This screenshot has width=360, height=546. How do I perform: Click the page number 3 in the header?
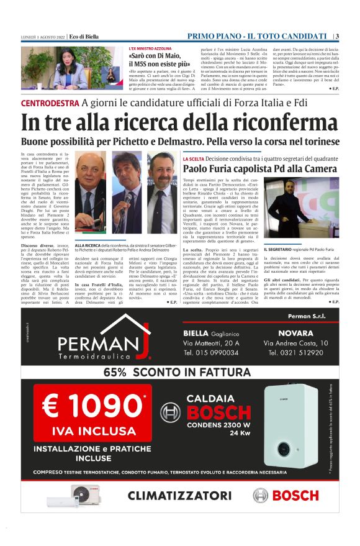336,36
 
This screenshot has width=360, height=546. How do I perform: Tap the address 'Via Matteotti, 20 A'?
210,342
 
